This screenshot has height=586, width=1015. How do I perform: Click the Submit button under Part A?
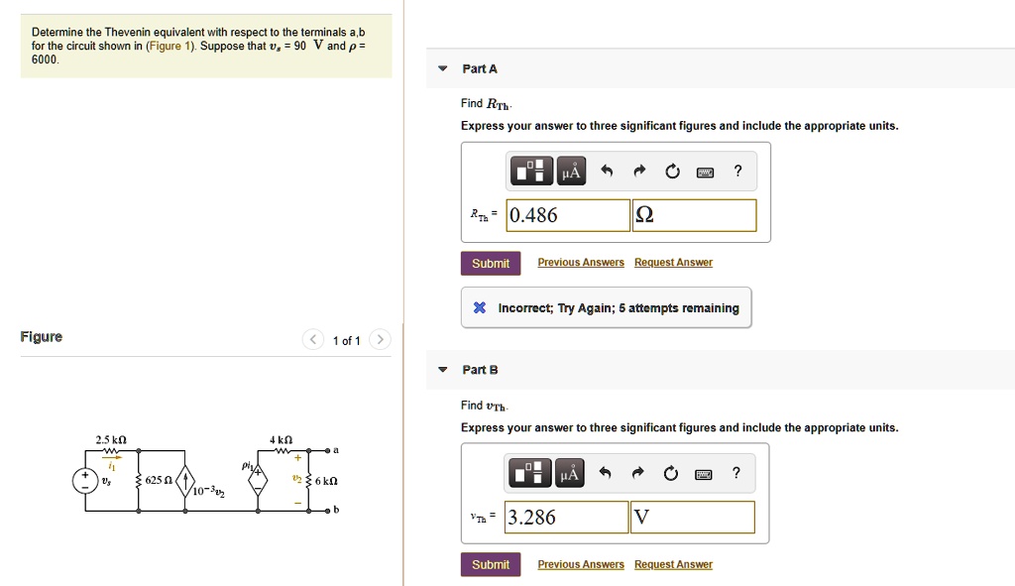tap(490, 263)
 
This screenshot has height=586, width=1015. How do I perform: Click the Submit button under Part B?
tap(490, 564)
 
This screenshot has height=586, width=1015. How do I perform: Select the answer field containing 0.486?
tap(567, 215)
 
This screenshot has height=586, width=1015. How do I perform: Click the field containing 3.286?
tap(566, 517)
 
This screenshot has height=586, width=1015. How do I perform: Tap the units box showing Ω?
tap(694, 215)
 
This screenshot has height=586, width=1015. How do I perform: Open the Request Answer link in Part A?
tap(673, 263)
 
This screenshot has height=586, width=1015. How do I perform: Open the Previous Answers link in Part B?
tap(581, 564)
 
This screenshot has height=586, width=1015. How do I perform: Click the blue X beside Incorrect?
tap(479, 308)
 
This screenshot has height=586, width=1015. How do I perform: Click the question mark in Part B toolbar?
tap(736, 473)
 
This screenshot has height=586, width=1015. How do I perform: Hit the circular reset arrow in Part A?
tap(673, 173)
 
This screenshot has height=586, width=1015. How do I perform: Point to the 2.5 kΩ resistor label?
tap(111, 438)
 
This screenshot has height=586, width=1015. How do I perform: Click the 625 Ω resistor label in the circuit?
tap(159, 480)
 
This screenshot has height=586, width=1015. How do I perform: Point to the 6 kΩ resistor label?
tap(326, 481)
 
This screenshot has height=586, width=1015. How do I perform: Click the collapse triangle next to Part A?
tap(443, 68)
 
